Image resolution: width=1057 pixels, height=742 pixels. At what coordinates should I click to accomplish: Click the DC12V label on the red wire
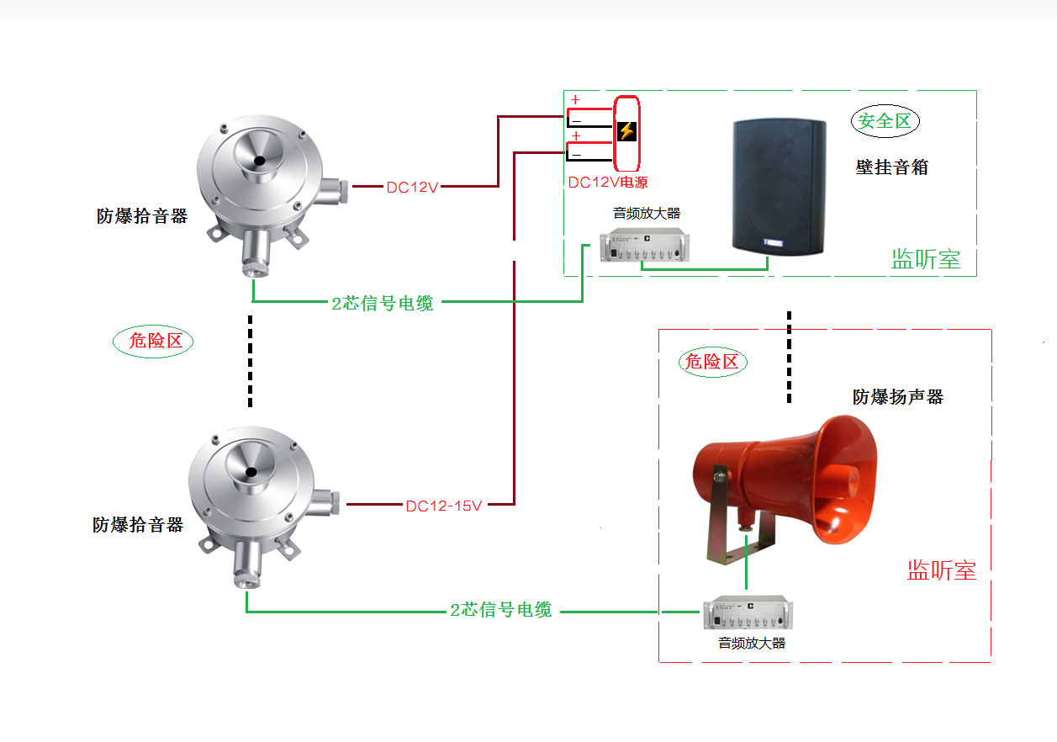pyautogui.click(x=412, y=187)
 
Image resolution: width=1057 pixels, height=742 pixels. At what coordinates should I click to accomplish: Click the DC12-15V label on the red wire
pyautogui.click(x=443, y=506)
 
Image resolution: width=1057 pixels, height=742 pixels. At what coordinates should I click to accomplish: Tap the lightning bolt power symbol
pyautogui.click(x=626, y=131)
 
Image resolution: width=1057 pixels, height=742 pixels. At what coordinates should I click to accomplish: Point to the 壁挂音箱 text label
pyautogui.click(x=891, y=167)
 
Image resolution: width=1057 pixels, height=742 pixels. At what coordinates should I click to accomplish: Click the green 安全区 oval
pyautogui.click(x=885, y=121)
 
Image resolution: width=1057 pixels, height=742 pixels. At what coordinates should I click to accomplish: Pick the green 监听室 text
pyautogui.click(x=925, y=259)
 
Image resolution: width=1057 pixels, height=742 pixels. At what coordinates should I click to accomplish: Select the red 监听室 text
pyautogui.click(x=942, y=570)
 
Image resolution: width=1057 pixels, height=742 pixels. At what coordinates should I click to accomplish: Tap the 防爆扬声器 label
pyautogui.click(x=897, y=396)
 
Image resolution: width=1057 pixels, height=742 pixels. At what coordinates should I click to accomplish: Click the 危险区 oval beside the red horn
pyautogui.click(x=711, y=362)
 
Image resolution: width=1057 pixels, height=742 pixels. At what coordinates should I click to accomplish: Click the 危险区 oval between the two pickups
pyautogui.click(x=151, y=341)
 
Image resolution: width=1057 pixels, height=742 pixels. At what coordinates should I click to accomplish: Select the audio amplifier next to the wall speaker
pyautogui.click(x=640, y=246)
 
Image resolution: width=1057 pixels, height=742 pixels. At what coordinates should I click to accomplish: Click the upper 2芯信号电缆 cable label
pyautogui.click(x=383, y=304)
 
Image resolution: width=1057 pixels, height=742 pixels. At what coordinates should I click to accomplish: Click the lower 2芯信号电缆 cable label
pyautogui.click(x=501, y=610)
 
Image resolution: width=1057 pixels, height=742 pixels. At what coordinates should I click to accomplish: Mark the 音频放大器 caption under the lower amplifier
pyautogui.click(x=751, y=644)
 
